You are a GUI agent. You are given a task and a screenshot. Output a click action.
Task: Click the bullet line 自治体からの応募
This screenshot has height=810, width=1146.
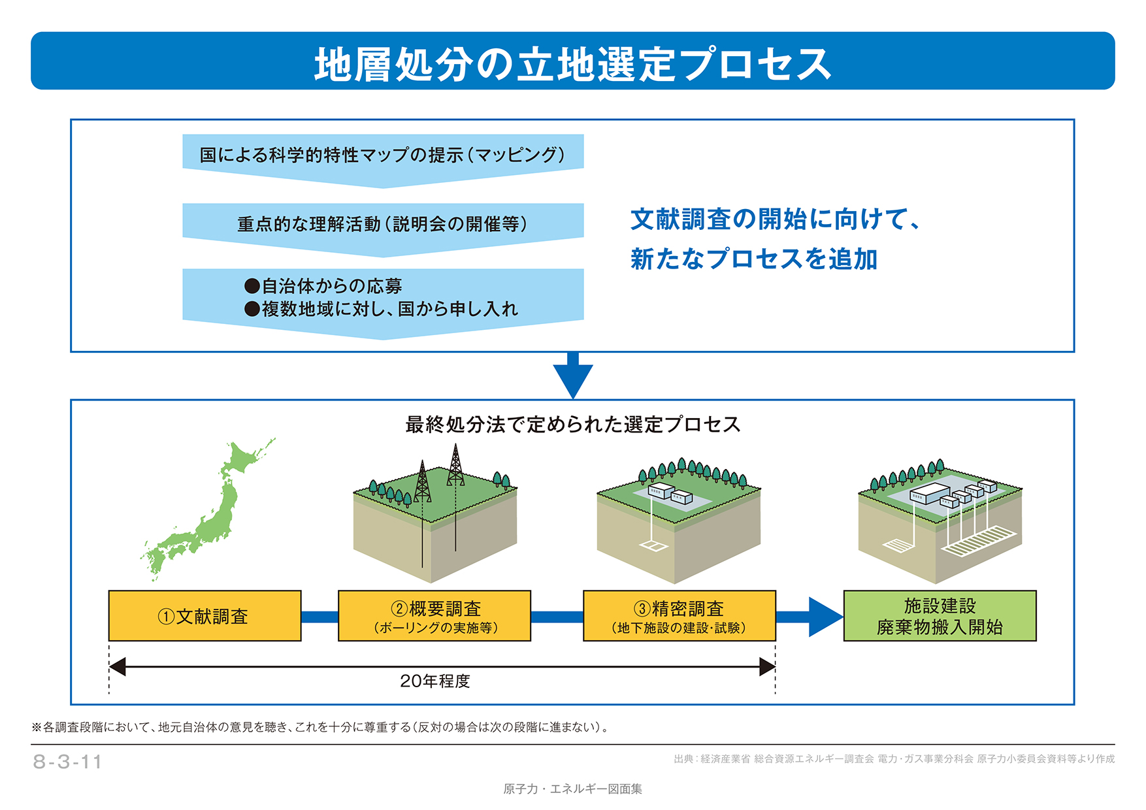(x=323, y=286)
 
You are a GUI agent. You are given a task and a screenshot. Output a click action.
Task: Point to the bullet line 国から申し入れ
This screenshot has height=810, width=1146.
(x=382, y=309)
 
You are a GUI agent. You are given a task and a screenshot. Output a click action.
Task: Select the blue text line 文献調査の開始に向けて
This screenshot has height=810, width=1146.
(x=775, y=219)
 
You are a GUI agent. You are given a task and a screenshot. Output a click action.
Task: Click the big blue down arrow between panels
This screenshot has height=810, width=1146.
(x=572, y=376)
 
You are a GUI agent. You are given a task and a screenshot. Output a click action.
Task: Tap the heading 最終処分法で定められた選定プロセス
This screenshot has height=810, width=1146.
(x=572, y=425)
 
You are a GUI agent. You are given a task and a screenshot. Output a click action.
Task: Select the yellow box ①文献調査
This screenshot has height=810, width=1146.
(x=205, y=616)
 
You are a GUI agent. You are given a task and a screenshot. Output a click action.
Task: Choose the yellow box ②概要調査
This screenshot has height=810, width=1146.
(x=434, y=616)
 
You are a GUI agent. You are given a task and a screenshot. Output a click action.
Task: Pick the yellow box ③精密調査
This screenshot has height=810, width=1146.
(x=679, y=616)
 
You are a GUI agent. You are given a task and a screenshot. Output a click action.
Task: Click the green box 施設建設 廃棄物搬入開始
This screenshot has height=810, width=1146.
(x=939, y=616)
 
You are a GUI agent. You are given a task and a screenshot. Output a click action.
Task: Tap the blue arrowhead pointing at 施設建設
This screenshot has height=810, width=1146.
(x=825, y=617)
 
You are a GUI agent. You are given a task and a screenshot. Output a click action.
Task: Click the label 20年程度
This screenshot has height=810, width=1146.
(x=435, y=681)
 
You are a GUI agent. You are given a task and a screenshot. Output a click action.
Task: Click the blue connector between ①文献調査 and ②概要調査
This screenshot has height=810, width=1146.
(x=319, y=617)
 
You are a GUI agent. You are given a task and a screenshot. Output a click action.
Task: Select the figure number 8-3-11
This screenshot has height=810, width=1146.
(x=68, y=762)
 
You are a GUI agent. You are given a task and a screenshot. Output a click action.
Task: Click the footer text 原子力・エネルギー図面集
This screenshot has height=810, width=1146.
(x=572, y=789)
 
